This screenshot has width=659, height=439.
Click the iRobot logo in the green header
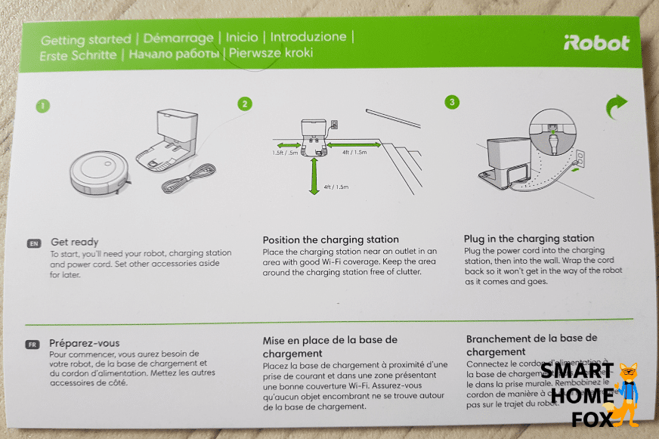pyautogui.click(x=596, y=43)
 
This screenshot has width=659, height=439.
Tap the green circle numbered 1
pyautogui.click(x=43, y=106)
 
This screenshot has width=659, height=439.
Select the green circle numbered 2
pyautogui.click(x=244, y=104)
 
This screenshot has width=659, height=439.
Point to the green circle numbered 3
pyautogui.click(x=452, y=101)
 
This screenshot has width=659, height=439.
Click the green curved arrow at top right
pyautogui.click(x=617, y=108)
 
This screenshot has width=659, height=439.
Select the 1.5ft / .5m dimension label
pyautogui.click(x=286, y=153)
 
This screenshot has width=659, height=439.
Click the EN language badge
pyautogui.click(x=33, y=244)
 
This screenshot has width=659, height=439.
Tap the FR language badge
pyautogui.click(x=32, y=345)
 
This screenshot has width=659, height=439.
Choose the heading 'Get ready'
pyautogui.click(x=74, y=242)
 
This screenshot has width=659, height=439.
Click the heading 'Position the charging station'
pyautogui.click(x=330, y=240)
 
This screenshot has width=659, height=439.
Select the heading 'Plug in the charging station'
pyautogui.click(x=529, y=238)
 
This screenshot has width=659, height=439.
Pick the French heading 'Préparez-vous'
pyautogui.click(x=84, y=342)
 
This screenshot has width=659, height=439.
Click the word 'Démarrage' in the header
pyautogui.click(x=177, y=38)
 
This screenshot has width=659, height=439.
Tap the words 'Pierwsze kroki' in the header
pyautogui.click(x=270, y=54)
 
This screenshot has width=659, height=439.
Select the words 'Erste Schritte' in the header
pyautogui.click(x=79, y=54)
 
